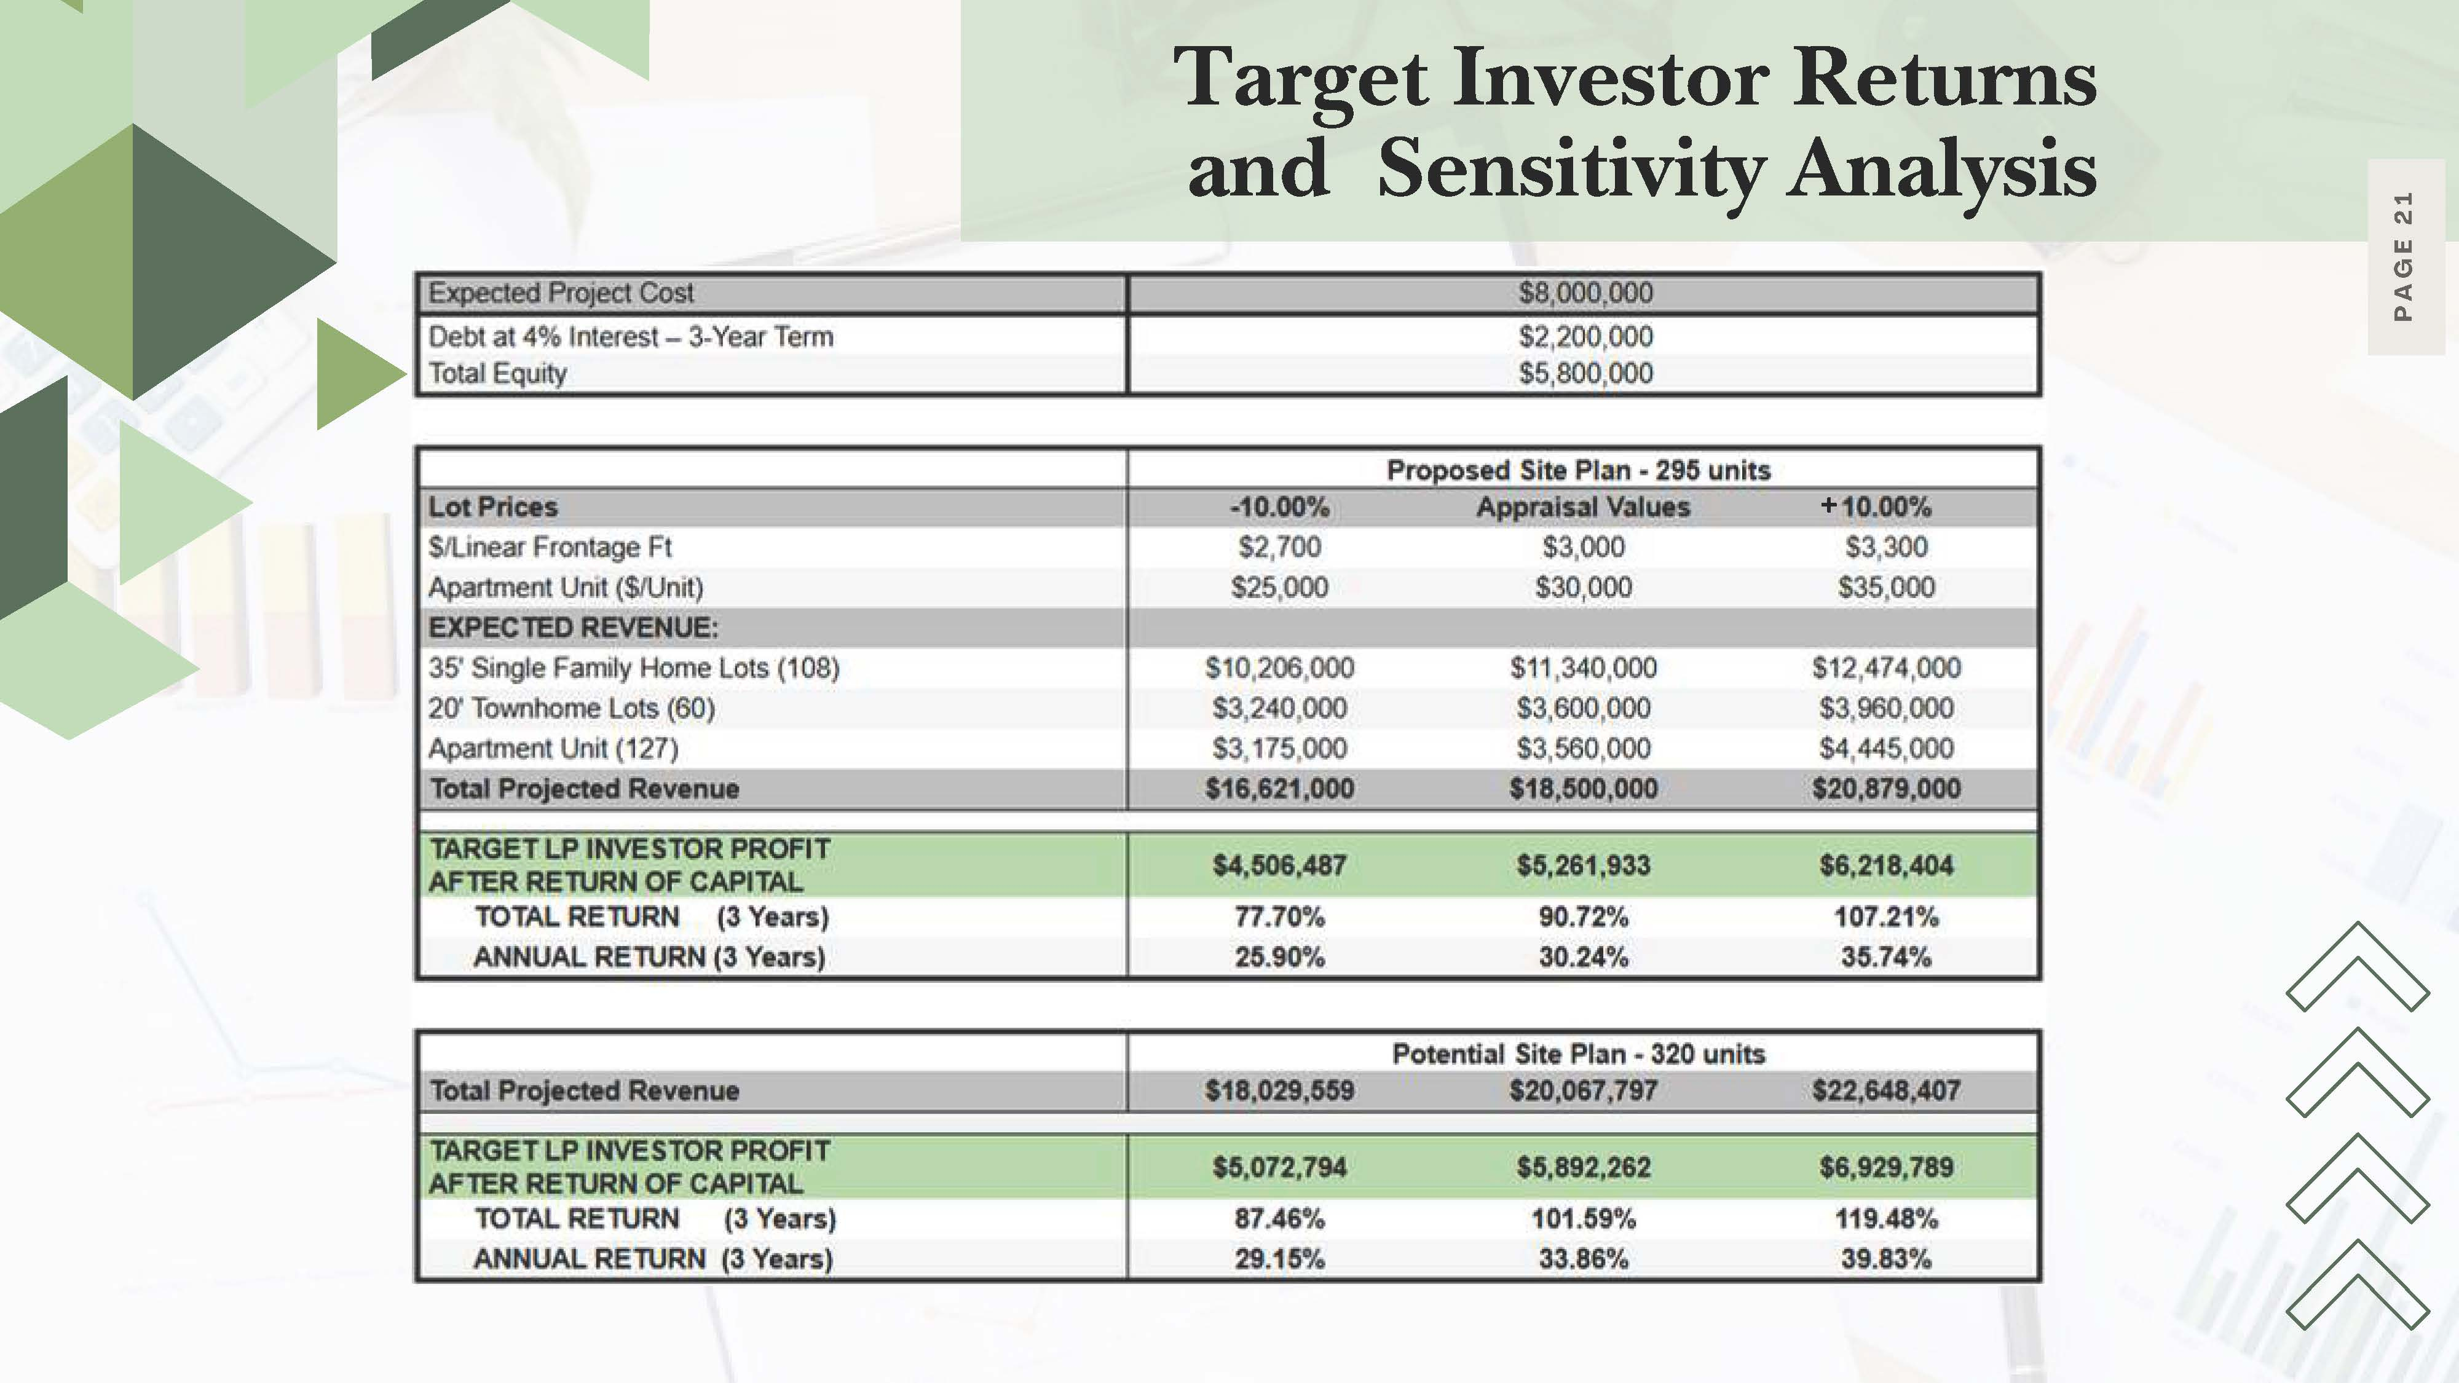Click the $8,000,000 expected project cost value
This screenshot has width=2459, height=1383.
coord(1585,293)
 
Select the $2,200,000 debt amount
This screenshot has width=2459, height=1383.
coord(1585,337)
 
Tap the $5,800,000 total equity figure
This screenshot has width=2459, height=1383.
coord(1585,373)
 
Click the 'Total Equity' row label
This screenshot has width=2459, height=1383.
coord(497,373)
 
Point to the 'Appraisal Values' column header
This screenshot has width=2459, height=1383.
coord(1583,507)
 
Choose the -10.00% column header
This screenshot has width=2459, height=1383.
coord(1279,507)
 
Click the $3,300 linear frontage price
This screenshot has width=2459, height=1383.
coord(1885,547)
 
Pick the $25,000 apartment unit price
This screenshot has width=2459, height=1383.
coord(1279,587)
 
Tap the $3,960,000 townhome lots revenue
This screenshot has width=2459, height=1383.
coord(1885,708)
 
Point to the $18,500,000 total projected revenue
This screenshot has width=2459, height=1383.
coord(1583,789)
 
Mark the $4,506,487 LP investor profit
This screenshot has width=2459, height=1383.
coord(1279,865)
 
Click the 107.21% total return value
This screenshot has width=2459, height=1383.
coord(1885,917)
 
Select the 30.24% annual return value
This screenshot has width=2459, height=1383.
coord(1583,957)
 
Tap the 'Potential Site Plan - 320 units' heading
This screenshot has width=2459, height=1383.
coord(1579,1054)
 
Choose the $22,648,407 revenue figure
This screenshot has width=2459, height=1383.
coord(1885,1090)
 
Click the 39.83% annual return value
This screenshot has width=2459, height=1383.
coord(1885,1259)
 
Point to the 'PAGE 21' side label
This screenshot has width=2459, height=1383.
coord(2404,258)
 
